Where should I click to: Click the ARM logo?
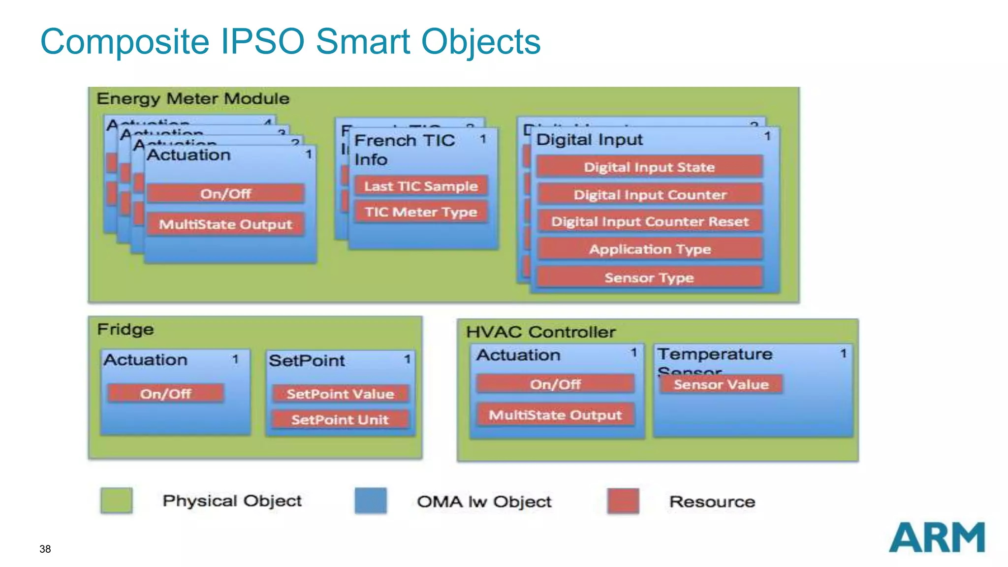[x=936, y=537]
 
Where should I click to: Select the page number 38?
[x=45, y=549]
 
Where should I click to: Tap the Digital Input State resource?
[x=649, y=167]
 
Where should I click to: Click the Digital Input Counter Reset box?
[x=649, y=221]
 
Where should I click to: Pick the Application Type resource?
[x=649, y=249]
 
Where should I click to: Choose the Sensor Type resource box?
[x=649, y=278]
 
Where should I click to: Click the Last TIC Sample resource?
[x=421, y=186]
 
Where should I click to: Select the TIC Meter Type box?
[x=421, y=212]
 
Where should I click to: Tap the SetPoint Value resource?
[x=340, y=394]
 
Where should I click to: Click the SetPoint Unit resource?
[x=340, y=419]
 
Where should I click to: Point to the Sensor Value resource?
[x=721, y=384]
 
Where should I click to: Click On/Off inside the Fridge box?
[x=165, y=394]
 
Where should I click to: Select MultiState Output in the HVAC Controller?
[x=555, y=415]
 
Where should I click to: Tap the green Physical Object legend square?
[x=117, y=501]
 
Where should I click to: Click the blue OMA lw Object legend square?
[x=371, y=501]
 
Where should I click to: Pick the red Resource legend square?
[x=623, y=501]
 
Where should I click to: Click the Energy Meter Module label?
[x=193, y=98]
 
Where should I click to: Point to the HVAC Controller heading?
[x=540, y=332]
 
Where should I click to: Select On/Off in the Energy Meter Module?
[x=225, y=193]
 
